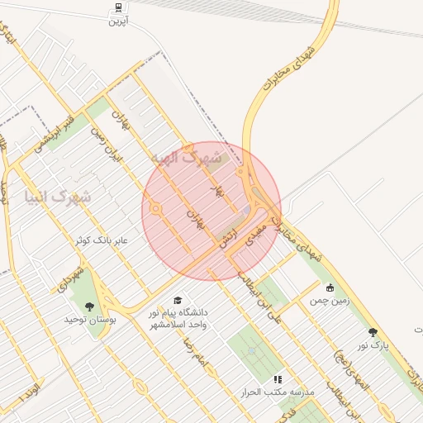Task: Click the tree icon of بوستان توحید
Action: [x=89, y=307]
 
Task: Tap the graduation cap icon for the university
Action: [x=177, y=301]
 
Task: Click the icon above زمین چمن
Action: [x=330, y=288]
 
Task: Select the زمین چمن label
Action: [x=330, y=301]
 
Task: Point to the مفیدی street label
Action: [x=259, y=224]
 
